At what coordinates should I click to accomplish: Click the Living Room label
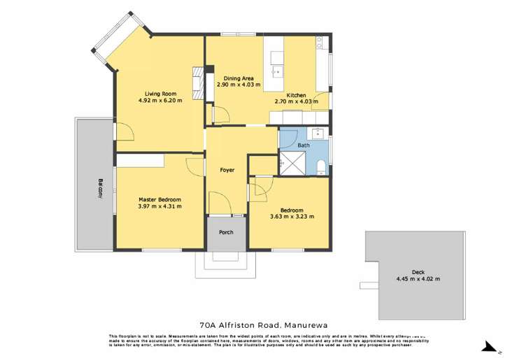pyautogui.click(x=160, y=93)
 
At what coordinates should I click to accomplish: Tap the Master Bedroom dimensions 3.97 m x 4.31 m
pyautogui.click(x=160, y=206)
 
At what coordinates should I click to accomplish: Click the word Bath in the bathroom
pyautogui.click(x=303, y=145)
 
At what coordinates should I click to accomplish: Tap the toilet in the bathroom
pyautogui.click(x=320, y=166)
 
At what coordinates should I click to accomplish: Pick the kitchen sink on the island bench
pyautogui.click(x=278, y=69)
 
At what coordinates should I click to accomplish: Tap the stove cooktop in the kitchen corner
pyautogui.click(x=320, y=43)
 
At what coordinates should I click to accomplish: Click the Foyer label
pyautogui.click(x=227, y=170)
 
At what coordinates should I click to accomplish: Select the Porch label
pyautogui.click(x=226, y=232)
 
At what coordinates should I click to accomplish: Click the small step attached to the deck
pyautogui.click(x=368, y=285)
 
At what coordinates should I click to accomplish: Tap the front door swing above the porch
pyautogui.click(x=220, y=204)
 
